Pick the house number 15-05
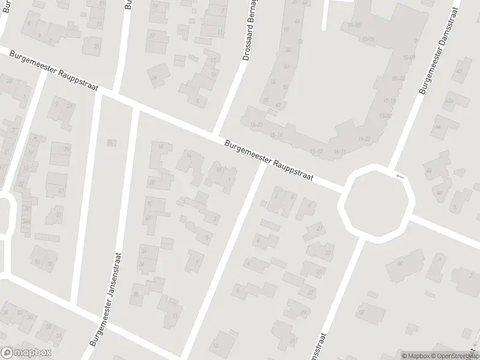[x=354, y=25]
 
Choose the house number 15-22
[x=365, y=139]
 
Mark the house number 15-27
[x=257, y=124]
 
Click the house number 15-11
[x=339, y=152]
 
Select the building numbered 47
[x=460, y=71]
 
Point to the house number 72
[x=299, y=41]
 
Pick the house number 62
[x=278, y=104]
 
